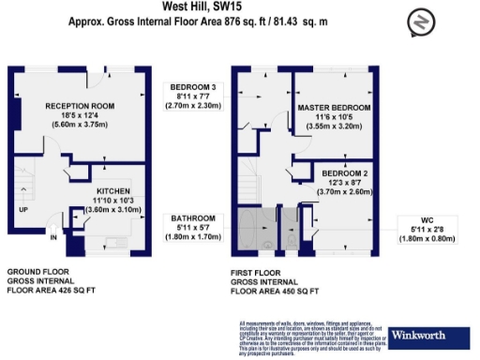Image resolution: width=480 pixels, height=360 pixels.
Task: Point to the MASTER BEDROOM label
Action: tap(334, 109)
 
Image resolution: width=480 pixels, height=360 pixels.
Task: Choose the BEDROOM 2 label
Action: tap(344, 175)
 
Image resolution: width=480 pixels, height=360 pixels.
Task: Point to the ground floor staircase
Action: tap(25, 187)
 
